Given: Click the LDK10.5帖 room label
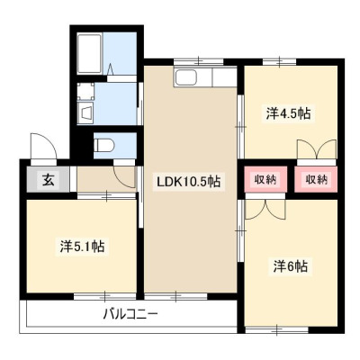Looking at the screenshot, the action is click(x=187, y=182).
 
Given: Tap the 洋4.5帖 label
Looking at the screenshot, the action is click(x=288, y=113).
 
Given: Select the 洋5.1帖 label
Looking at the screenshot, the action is click(x=82, y=247).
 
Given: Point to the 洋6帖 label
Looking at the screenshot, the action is click(x=291, y=265).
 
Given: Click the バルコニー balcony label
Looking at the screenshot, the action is click(x=130, y=315).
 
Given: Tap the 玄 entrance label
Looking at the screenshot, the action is click(x=49, y=179).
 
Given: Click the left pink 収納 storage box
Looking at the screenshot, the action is click(x=265, y=179).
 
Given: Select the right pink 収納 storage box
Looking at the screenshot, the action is click(x=316, y=179).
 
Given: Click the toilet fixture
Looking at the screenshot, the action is click(x=103, y=146).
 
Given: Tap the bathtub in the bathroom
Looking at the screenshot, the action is click(x=89, y=53).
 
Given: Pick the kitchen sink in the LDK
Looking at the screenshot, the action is click(x=186, y=77).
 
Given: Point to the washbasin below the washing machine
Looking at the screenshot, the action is click(x=85, y=113).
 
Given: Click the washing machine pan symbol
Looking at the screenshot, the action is click(x=85, y=91).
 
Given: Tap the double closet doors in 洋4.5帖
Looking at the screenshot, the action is click(x=317, y=149).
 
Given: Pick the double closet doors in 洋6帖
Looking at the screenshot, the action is click(x=265, y=209).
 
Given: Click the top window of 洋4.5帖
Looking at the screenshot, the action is click(x=280, y=62).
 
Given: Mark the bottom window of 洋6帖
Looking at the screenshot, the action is click(x=277, y=330).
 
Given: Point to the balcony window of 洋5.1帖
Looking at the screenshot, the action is click(x=105, y=296).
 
